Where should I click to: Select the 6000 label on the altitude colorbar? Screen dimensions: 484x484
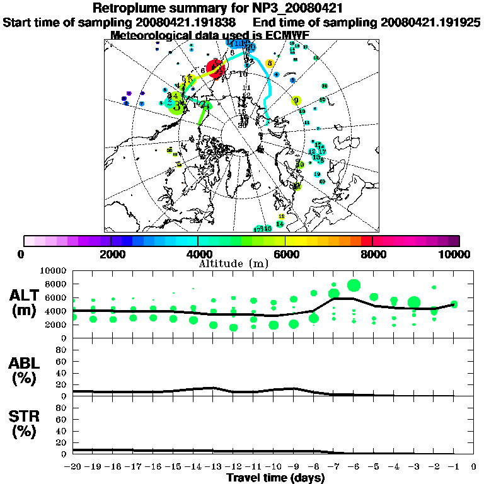coord(285,255)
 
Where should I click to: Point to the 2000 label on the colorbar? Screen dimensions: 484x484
coord(110,255)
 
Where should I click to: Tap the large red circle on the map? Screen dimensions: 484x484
coord(216,69)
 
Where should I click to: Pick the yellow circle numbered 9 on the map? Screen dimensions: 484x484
coord(296,100)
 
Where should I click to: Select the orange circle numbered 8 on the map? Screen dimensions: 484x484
coord(270,63)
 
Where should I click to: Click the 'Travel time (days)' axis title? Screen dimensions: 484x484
coord(275,478)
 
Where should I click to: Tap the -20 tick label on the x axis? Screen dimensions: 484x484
coord(74,467)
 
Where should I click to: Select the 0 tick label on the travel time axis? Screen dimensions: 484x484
coord(473,467)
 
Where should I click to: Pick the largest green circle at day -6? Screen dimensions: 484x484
coord(354,285)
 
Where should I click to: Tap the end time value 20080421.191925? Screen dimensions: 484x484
coord(431,22)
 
